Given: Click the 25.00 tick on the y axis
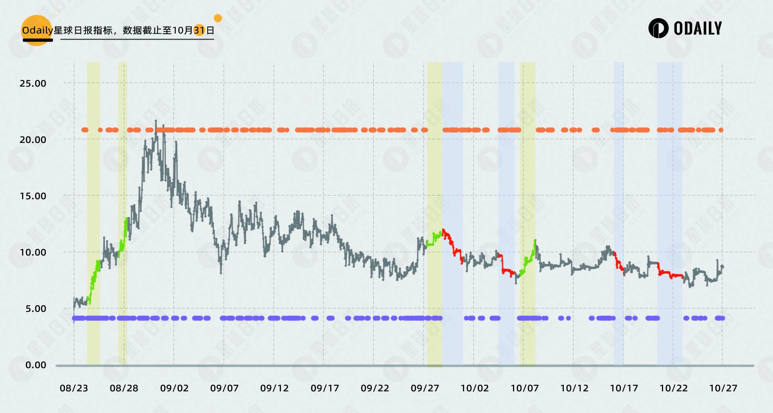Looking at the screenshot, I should tap(33, 83).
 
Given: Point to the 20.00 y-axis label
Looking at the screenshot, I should tap(33, 140).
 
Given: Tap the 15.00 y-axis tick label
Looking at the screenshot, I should tap(33, 196).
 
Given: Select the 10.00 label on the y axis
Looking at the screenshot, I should tap(33, 252).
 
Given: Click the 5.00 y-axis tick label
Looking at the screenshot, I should tap(36, 309).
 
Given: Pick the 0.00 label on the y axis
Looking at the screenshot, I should tap(36, 365).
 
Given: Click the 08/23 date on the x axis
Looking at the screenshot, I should tap(74, 388).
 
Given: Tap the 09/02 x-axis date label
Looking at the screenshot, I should tap(174, 388).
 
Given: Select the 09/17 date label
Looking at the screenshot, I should tap(325, 388).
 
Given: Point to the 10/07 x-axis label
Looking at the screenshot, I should tap(525, 388).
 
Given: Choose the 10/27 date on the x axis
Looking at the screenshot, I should tap(723, 388).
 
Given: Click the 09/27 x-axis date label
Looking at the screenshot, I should tap(425, 388).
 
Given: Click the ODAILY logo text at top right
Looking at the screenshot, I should tap(698, 28).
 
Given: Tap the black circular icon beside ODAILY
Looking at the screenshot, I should tap(658, 28).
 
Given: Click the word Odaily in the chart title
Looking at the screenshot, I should tap(37, 30).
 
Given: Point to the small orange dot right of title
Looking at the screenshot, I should tap(217, 18).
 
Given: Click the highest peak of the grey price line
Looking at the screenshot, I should tap(156, 121).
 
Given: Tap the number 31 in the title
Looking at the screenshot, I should tap(199, 30).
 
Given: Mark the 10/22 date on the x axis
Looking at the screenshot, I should tap(674, 388).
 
